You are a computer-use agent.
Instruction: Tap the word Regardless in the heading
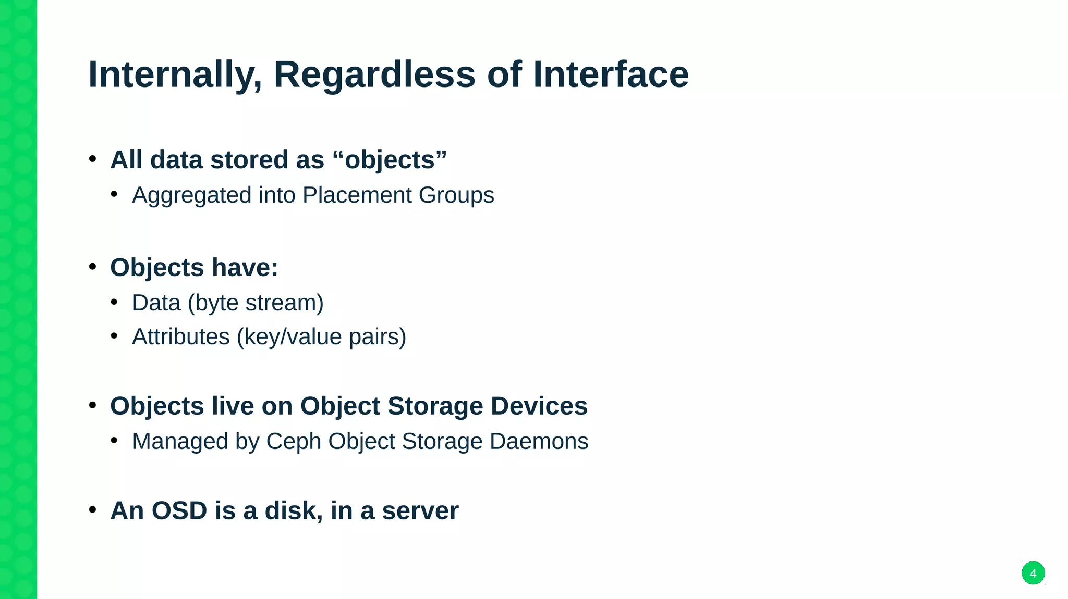tap(374, 74)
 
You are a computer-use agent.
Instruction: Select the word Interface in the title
tap(611, 74)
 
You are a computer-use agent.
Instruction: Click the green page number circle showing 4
tap(1033, 573)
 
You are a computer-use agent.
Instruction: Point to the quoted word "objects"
tap(390, 160)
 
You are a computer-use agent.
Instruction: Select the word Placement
tap(357, 195)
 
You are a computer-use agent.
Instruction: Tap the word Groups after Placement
tap(456, 195)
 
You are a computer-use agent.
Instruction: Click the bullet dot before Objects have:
tap(93, 267)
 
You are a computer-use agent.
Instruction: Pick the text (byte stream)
tap(256, 303)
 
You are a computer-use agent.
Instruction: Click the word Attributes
tap(180, 336)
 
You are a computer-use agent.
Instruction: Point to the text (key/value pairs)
tap(321, 337)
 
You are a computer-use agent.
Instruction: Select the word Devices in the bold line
tap(539, 406)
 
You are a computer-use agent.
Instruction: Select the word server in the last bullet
tap(420, 510)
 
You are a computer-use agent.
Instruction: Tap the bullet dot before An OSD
tap(93, 510)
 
